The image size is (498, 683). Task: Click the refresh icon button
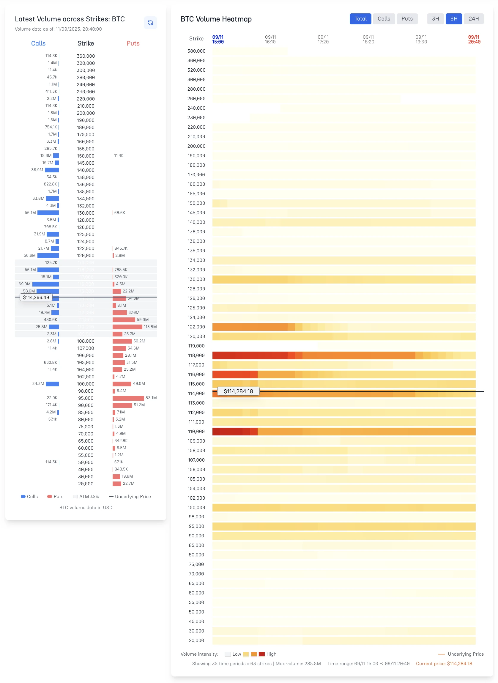(x=150, y=23)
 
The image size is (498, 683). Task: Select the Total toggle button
(x=360, y=19)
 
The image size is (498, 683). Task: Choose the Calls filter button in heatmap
(x=384, y=19)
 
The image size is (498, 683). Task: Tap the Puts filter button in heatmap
(x=407, y=19)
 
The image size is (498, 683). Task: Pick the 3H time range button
(x=435, y=19)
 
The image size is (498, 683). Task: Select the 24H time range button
(x=474, y=19)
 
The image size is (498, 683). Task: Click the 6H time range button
(x=454, y=19)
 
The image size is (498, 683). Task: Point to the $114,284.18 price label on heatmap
(x=238, y=391)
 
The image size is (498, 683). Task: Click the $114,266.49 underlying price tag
(x=36, y=298)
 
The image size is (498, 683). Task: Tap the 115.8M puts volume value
(x=150, y=327)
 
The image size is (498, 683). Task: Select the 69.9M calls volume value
(x=24, y=284)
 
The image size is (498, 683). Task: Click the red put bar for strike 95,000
(x=128, y=398)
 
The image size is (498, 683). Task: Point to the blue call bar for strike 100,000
(x=52, y=384)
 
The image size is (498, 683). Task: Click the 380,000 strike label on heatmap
(x=196, y=51)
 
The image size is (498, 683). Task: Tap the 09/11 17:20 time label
(x=323, y=40)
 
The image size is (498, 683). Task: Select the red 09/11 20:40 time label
(x=474, y=40)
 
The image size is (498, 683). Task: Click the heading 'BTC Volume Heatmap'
(x=216, y=19)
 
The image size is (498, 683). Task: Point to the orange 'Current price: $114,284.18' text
(x=444, y=664)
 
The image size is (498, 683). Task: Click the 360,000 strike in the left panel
(x=86, y=56)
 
